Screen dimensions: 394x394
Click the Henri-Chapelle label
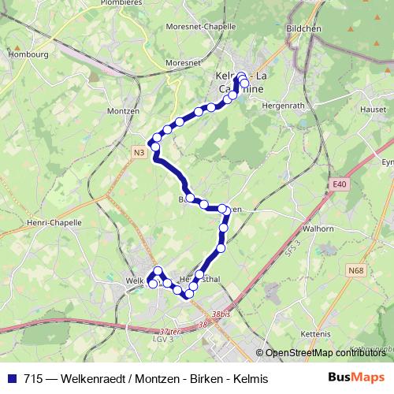click(x=55, y=223)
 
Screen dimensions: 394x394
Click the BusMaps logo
click(x=356, y=377)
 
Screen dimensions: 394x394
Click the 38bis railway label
click(x=222, y=314)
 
